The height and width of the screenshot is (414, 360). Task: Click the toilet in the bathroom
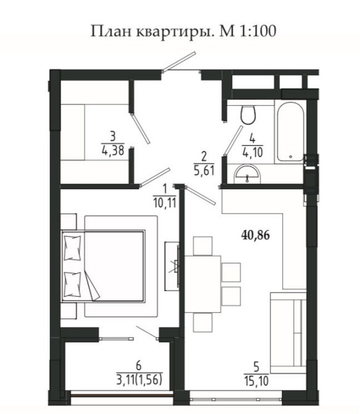[x=248, y=114]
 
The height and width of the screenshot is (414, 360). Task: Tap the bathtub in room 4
[x=290, y=132]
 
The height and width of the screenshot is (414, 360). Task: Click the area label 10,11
[x=165, y=203]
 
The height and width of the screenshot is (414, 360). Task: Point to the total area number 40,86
[x=255, y=235]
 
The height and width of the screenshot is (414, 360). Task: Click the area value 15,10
[x=256, y=381]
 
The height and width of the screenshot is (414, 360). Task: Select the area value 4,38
[x=113, y=150]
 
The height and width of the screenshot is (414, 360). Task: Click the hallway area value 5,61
[x=204, y=171]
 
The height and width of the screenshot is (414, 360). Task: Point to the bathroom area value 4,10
[x=252, y=153]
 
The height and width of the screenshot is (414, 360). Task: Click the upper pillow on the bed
[x=72, y=248]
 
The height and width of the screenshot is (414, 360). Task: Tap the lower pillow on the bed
[x=72, y=285]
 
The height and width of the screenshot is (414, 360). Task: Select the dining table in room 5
[x=203, y=284]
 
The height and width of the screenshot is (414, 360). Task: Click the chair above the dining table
[x=203, y=246]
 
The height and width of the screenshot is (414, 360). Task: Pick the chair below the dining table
[x=203, y=323]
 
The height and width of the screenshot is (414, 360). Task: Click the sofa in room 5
[x=288, y=332]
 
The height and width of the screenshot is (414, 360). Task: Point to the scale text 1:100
[x=257, y=31]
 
